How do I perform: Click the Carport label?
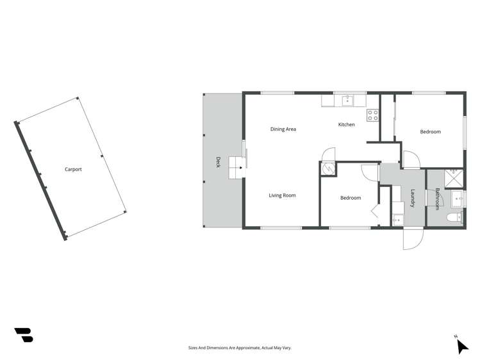click(x=73, y=170)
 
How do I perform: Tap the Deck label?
click(x=218, y=163)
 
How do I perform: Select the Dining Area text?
click(x=283, y=129)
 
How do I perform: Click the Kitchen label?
click(x=346, y=124)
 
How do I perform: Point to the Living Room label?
click(x=282, y=195)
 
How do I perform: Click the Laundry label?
click(x=413, y=198)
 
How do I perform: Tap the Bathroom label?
click(x=437, y=199)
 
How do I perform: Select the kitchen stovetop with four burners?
click(x=372, y=115)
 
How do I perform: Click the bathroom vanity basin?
click(x=458, y=199)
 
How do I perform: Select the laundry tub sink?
click(x=397, y=219)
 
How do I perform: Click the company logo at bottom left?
click(x=24, y=334)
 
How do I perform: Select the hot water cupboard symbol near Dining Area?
click(x=327, y=168)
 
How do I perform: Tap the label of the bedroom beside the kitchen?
click(x=430, y=132)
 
